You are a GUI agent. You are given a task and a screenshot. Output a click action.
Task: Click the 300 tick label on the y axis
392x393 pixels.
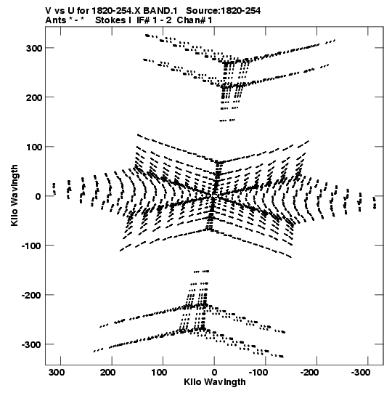click(x=34, y=49)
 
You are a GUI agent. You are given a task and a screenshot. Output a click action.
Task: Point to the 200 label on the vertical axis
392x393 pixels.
click(x=34, y=97)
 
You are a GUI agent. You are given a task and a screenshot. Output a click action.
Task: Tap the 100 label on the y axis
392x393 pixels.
click(x=34, y=147)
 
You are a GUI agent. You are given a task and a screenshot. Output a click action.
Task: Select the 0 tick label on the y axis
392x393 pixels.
click(x=38, y=196)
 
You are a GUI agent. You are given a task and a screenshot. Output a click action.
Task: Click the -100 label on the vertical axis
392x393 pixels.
click(x=32, y=246)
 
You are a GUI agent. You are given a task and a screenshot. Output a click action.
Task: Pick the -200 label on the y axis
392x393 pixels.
click(x=32, y=295)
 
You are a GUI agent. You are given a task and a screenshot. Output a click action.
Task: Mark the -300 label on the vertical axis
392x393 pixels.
click(x=32, y=344)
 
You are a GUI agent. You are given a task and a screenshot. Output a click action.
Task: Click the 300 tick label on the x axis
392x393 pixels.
click(x=57, y=373)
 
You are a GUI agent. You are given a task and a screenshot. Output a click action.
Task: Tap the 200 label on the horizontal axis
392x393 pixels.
click(x=108, y=373)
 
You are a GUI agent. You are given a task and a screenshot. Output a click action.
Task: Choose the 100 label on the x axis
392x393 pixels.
click(x=159, y=373)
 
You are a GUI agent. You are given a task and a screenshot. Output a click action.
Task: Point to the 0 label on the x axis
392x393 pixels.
click(x=214, y=373)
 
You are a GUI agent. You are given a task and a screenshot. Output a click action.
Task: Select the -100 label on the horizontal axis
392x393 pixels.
click(x=258, y=373)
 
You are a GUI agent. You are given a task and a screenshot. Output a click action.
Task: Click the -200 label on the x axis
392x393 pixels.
click(x=310, y=373)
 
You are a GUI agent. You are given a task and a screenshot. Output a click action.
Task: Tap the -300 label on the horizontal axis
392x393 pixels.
click(x=361, y=373)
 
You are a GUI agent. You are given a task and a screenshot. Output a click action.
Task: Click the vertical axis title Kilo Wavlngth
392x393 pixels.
click(x=15, y=195)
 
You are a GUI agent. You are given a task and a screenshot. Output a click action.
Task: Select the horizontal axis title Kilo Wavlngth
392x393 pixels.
click(x=215, y=382)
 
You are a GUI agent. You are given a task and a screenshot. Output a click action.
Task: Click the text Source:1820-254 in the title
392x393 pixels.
click(x=224, y=11)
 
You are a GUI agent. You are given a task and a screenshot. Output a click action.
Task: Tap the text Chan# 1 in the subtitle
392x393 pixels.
click(x=195, y=20)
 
